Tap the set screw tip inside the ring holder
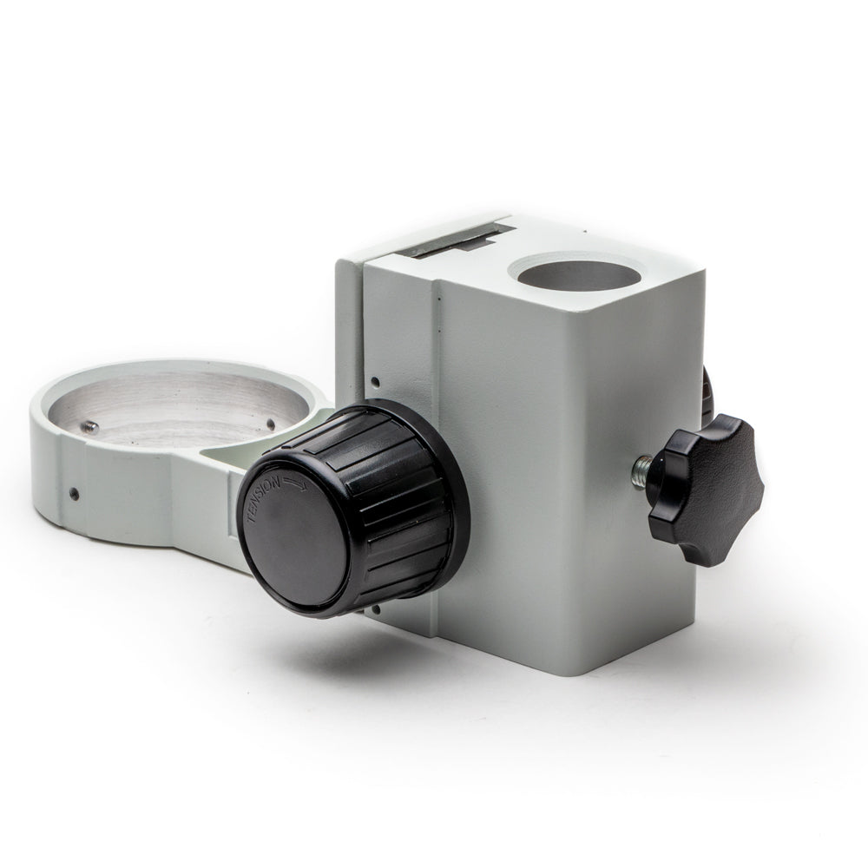[x=90, y=425]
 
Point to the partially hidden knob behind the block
[x=707, y=391]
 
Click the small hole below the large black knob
[x=376, y=610]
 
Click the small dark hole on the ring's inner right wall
[x=271, y=424]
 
